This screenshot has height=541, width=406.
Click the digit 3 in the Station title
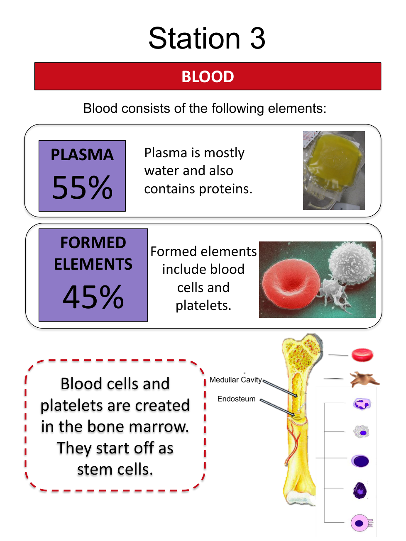point(257,39)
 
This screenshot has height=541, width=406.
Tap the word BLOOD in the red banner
point(208,76)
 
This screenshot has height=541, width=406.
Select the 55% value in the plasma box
point(82,187)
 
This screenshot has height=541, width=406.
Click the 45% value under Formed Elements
point(93,297)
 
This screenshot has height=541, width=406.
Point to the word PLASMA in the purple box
point(82,155)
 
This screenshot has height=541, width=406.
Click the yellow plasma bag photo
point(333,171)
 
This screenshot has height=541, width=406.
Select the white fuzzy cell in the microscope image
point(351,263)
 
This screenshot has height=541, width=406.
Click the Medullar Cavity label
point(235,380)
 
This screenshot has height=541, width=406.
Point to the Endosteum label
point(236,399)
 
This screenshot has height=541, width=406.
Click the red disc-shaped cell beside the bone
point(362,355)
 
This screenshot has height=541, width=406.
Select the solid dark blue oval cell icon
point(360,461)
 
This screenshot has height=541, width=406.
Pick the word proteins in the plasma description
point(225,190)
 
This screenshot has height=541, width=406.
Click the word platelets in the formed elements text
point(203,306)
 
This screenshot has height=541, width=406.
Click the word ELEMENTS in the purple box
point(93,264)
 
